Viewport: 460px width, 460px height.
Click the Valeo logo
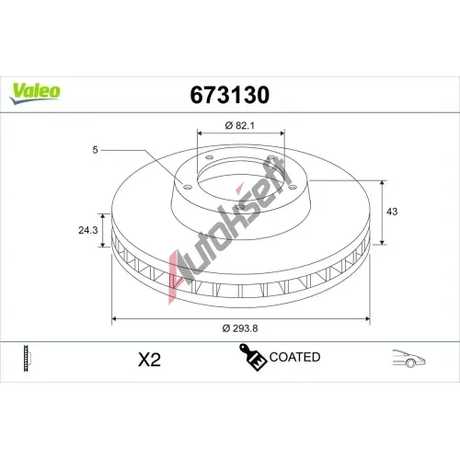click(35, 93)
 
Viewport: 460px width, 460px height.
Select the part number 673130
click(230, 95)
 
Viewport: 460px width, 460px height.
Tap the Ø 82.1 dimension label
click(240, 125)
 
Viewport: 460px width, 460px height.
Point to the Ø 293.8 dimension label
click(240, 328)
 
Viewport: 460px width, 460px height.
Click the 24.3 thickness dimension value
click(88, 230)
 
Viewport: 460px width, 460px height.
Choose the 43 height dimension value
click(392, 212)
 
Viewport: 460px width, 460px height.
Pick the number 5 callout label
click(95, 150)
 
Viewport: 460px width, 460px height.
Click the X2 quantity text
click(149, 360)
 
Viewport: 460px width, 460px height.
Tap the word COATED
click(294, 357)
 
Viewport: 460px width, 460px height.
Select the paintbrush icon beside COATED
click(252, 357)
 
